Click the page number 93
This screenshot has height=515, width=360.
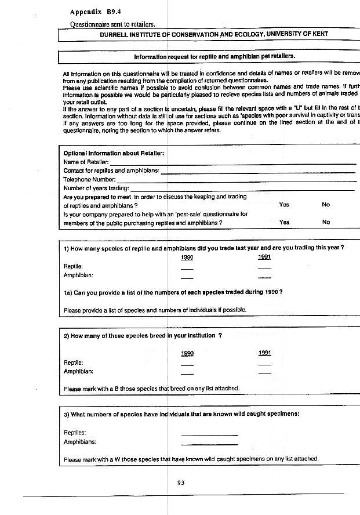(180, 482)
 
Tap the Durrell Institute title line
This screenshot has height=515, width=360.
(213, 34)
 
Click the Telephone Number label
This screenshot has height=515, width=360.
(90, 179)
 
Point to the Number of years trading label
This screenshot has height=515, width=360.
(96, 188)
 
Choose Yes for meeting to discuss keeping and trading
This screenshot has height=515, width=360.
(284, 205)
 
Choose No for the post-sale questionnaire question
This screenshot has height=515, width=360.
(326, 222)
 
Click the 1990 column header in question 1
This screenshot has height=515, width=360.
(187, 257)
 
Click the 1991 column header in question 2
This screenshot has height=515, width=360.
(265, 353)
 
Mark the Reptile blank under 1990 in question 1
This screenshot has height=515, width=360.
(187, 268)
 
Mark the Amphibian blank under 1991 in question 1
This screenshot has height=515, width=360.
(265, 277)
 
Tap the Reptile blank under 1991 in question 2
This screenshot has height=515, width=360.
(265, 364)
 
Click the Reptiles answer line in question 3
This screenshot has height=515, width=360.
(209, 434)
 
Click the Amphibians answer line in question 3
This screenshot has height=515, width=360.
(209, 443)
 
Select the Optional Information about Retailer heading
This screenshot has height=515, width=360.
(114, 153)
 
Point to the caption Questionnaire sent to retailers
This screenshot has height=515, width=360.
(112, 24)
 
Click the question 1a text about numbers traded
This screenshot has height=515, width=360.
(173, 291)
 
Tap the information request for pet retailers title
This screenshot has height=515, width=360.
(214, 57)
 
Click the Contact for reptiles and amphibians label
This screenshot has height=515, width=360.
(110, 171)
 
